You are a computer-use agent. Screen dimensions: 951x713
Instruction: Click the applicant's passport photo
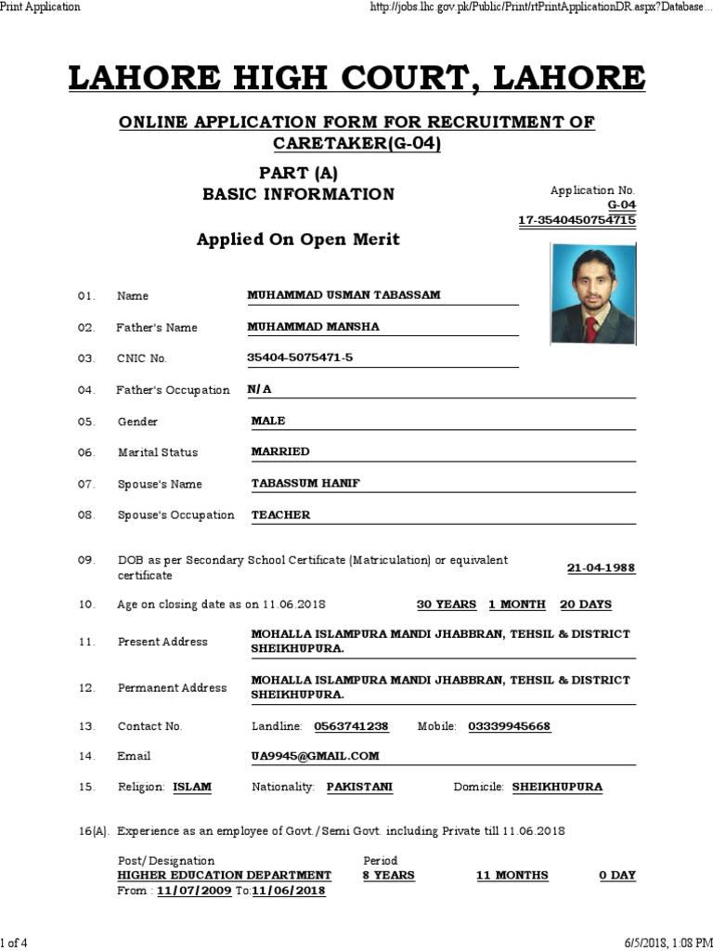[x=593, y=293]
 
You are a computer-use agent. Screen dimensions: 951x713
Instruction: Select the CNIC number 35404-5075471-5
[x=300, y=358]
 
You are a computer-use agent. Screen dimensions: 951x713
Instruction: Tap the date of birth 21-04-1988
[x=601, y=568]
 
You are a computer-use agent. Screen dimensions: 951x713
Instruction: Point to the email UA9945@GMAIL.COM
[x=315, y=756]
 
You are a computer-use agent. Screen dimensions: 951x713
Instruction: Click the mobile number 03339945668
[x=509, y=726]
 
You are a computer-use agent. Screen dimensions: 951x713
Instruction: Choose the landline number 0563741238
[x=351, y=726]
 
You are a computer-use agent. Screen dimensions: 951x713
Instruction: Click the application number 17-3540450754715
[x=577, y=220]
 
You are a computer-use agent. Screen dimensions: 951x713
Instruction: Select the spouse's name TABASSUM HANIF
[x=306, y=484]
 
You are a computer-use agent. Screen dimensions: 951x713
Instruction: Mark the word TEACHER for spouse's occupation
[x=280, y=515]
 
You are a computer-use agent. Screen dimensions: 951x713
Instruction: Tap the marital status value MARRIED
[x=280, y=451]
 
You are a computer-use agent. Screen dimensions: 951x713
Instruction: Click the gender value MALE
[x=268, y=421]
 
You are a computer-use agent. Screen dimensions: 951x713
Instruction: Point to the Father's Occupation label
[x=173, y=390]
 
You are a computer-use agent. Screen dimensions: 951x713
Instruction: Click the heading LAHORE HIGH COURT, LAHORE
[x=356, y=78]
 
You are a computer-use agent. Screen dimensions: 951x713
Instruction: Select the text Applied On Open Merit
[x=298, y=240]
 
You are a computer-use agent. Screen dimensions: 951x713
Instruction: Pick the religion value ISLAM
[x=192, y=787]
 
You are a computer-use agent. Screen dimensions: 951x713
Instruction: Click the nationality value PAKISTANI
[x=359, y=787]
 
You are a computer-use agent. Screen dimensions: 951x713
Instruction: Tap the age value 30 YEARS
[x=446, y=605]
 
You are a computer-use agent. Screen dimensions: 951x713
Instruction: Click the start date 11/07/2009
[x=194, y=891]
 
